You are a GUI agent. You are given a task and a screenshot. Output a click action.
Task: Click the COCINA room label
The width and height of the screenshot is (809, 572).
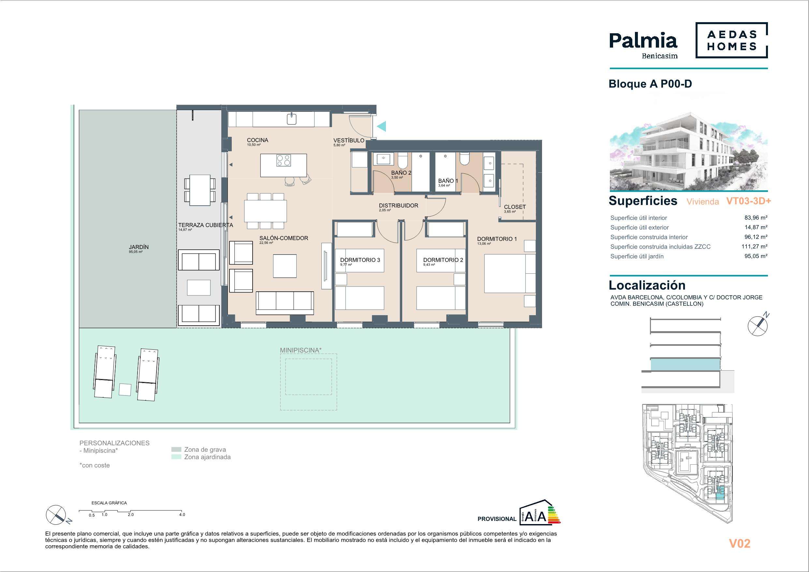click(x=257, y=140)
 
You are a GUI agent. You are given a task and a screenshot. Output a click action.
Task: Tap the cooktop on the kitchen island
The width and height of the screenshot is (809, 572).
click(x=284, y=161)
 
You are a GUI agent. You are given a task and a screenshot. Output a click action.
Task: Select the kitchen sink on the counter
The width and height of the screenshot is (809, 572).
click(x=291, y=119)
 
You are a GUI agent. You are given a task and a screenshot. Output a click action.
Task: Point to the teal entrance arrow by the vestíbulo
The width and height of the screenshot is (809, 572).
click(x=381, y=126)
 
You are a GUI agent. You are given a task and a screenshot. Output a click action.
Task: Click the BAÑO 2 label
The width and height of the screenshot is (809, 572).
click(x=401, y=173)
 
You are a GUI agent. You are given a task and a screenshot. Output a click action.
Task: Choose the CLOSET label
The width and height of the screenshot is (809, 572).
click(x=515, y=207)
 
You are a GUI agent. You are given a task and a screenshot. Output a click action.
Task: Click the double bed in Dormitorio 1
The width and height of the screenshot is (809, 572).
click(x=510, y=273)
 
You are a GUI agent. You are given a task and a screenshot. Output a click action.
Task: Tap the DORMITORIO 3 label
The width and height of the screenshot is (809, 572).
click(x=360, y=260)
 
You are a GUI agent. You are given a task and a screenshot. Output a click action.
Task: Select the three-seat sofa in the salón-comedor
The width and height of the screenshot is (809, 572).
click(x=285, y=303)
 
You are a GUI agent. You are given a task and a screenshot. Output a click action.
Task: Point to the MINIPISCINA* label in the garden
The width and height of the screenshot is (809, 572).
click(x=301, y=350)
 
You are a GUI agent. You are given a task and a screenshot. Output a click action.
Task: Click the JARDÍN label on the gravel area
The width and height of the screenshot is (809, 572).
click(x=139, y=247)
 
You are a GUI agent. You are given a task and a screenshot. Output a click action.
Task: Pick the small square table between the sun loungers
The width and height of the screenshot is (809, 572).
click(x=125, y=389)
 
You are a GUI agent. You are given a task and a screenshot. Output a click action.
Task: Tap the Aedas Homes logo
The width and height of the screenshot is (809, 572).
click(x=731, y=40)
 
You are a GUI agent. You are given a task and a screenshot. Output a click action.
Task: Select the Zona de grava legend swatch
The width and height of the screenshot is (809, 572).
click(x=176, y=450)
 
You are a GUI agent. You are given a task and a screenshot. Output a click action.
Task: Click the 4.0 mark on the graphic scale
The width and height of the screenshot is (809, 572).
click(x=182, y=515)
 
